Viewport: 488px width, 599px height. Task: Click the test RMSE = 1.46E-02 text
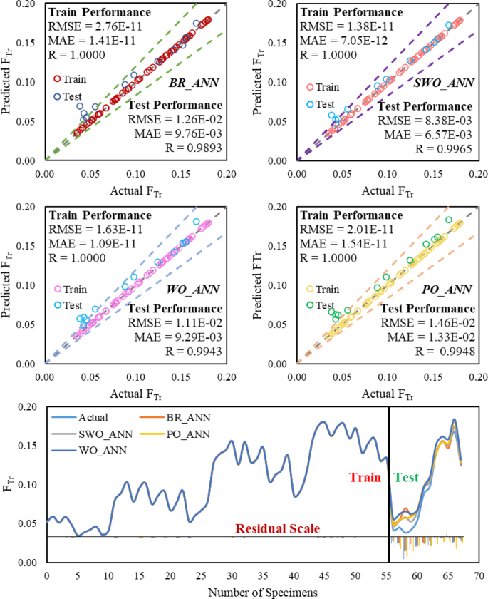(426, 323)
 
